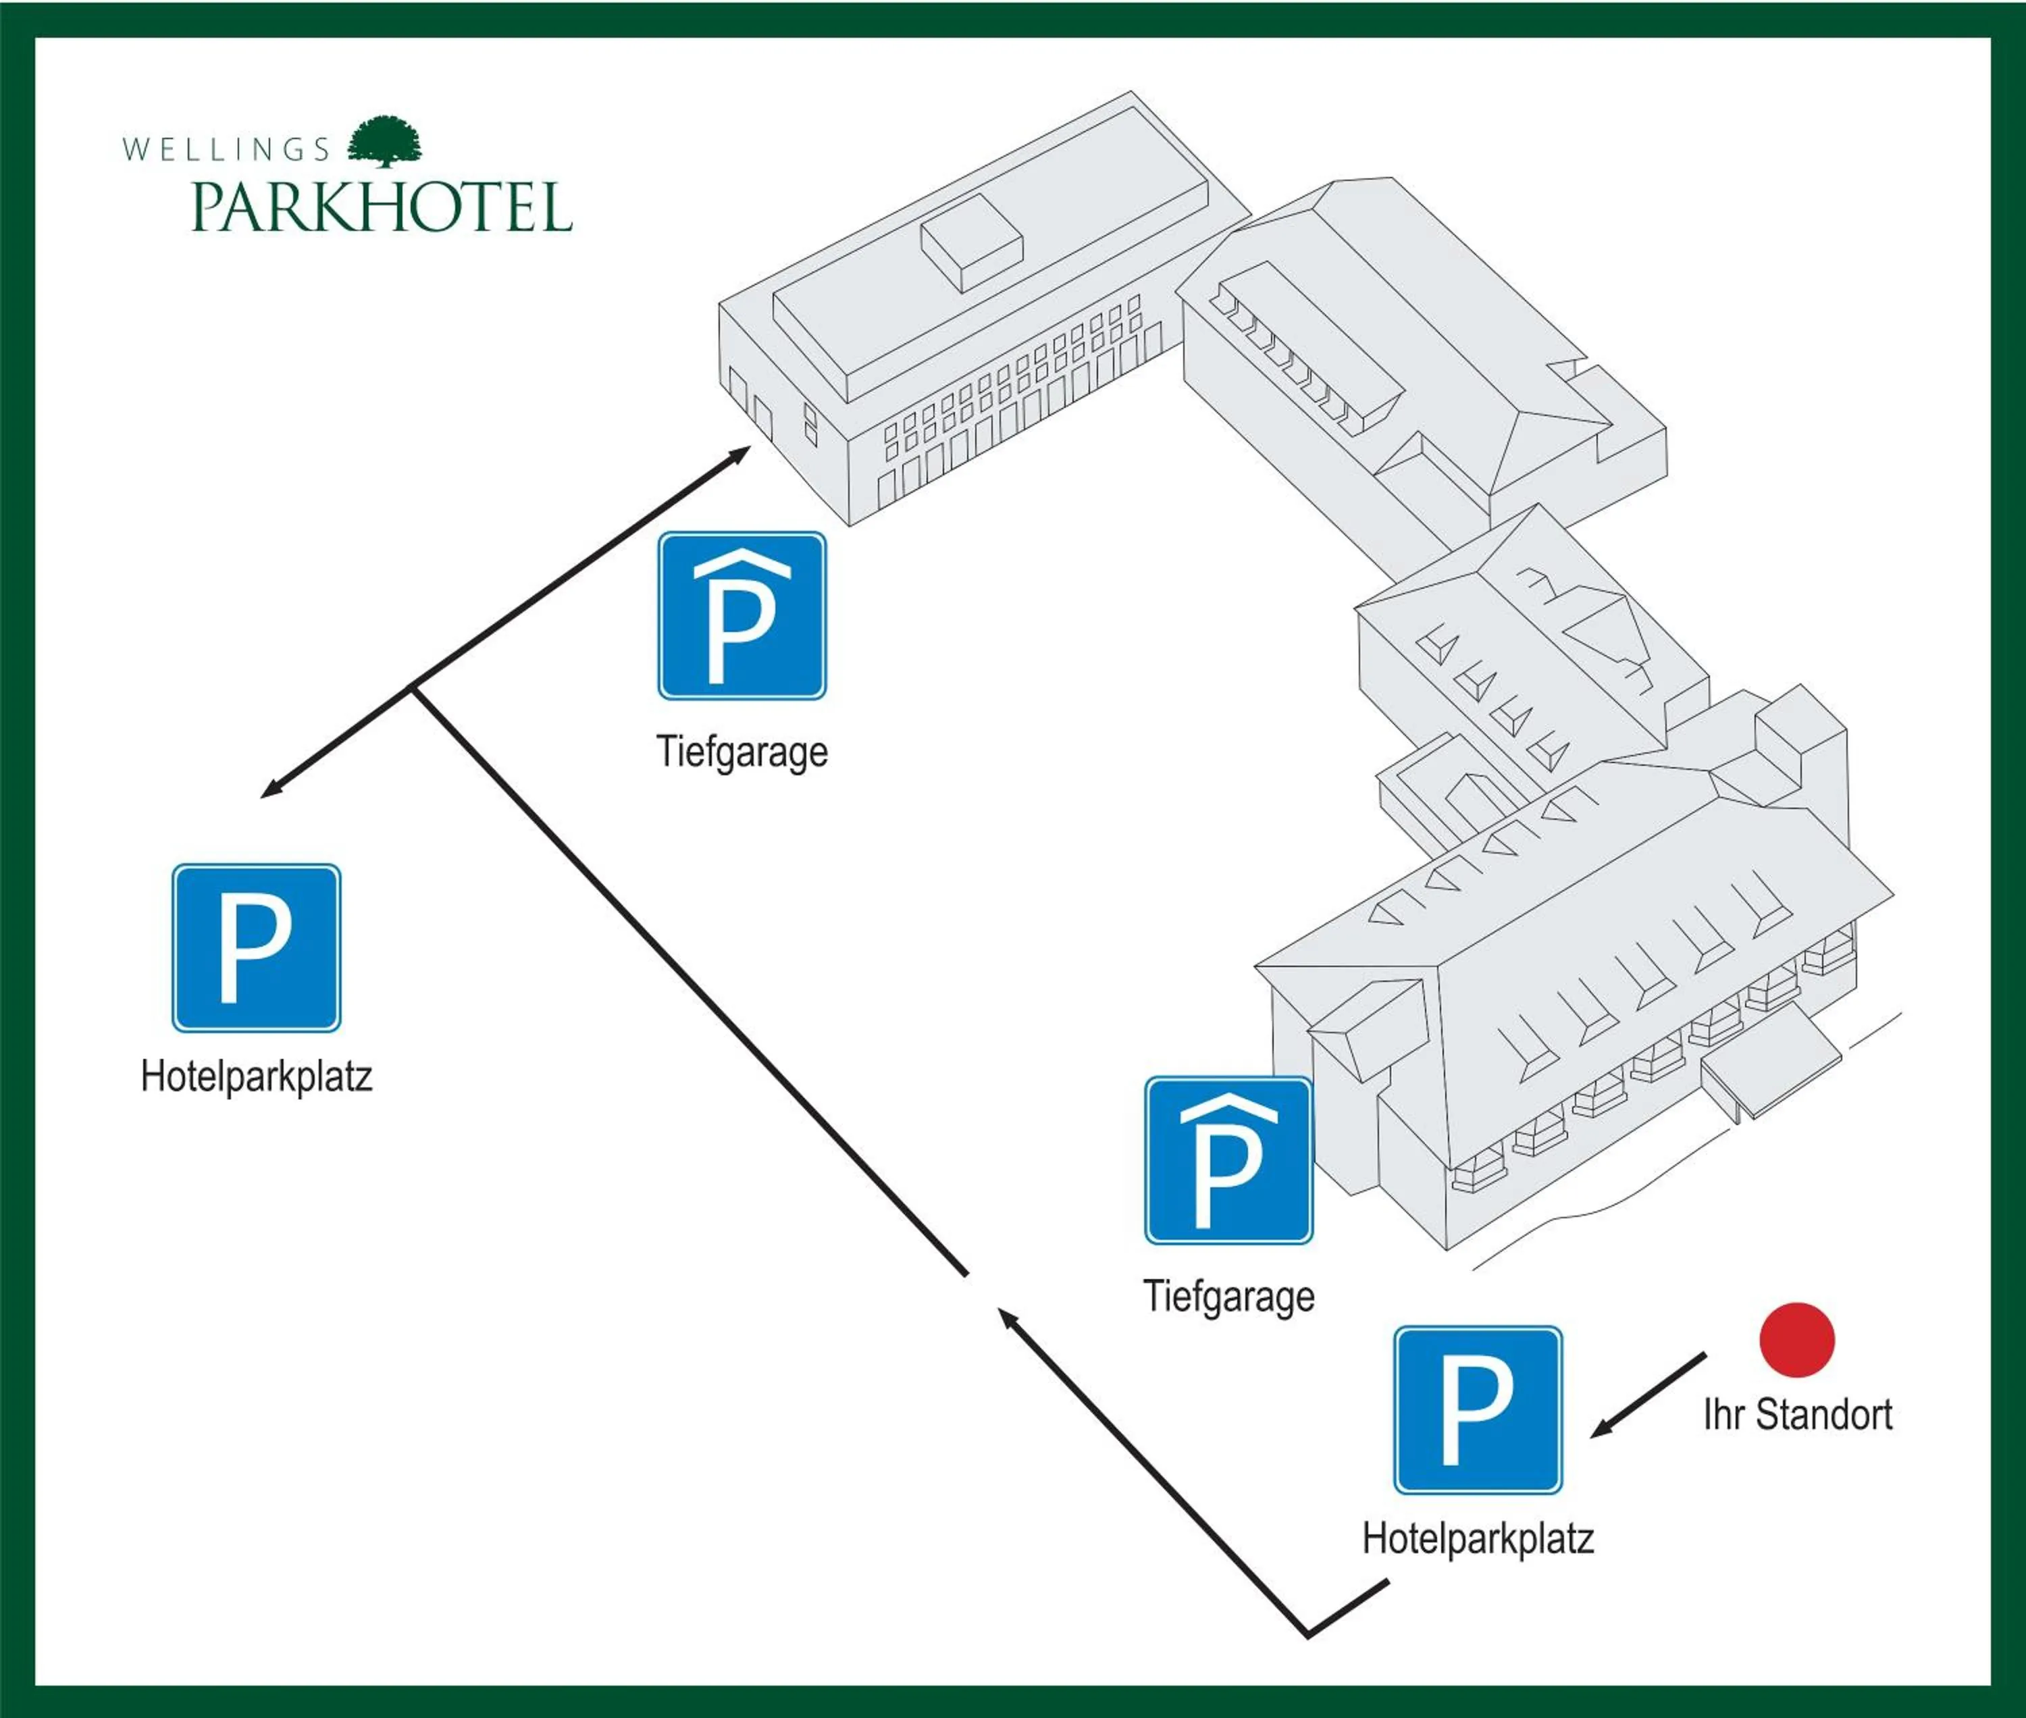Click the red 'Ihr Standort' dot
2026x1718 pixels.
pyautogui.click(x=1797, y=1340)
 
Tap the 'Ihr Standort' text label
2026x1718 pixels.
pyautogui.click(x=1797, y=1415)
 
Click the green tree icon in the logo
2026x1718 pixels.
pyautogui.click(x=386, y=142)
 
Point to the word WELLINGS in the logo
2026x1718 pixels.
pyautogui.click(x=226, y=149)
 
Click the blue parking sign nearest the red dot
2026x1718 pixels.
pyautogui.click(x=1478, y=1409)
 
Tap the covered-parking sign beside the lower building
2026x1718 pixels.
pyautogui.click(x=1228, y=1160)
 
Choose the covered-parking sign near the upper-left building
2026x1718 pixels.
pyautogui.click(x=742, y=615)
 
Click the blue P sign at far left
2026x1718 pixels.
pyautogui.click(x=256, y=947)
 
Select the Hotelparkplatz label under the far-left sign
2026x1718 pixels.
pyautogui.click(x=256, y=1076)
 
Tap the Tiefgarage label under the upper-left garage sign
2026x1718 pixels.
pyautogui.click(x=742, y=752)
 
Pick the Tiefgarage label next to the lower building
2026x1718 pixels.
pyautogui.click(x=1228, y=1297)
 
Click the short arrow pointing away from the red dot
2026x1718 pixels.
pyautogui.click(x=1646, y=1395)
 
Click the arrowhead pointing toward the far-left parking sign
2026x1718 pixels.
pyautogui.click(x=271, y=790)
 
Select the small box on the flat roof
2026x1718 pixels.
pyautogui.click(x=971, y=242)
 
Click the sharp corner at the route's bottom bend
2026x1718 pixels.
pyautogui.click(x=1307, y=1634)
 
